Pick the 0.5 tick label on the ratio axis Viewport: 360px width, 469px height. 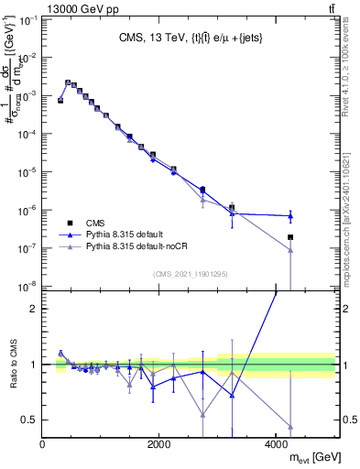[x=27, y=420]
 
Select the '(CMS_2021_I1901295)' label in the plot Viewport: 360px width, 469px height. [x=191, y=274]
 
